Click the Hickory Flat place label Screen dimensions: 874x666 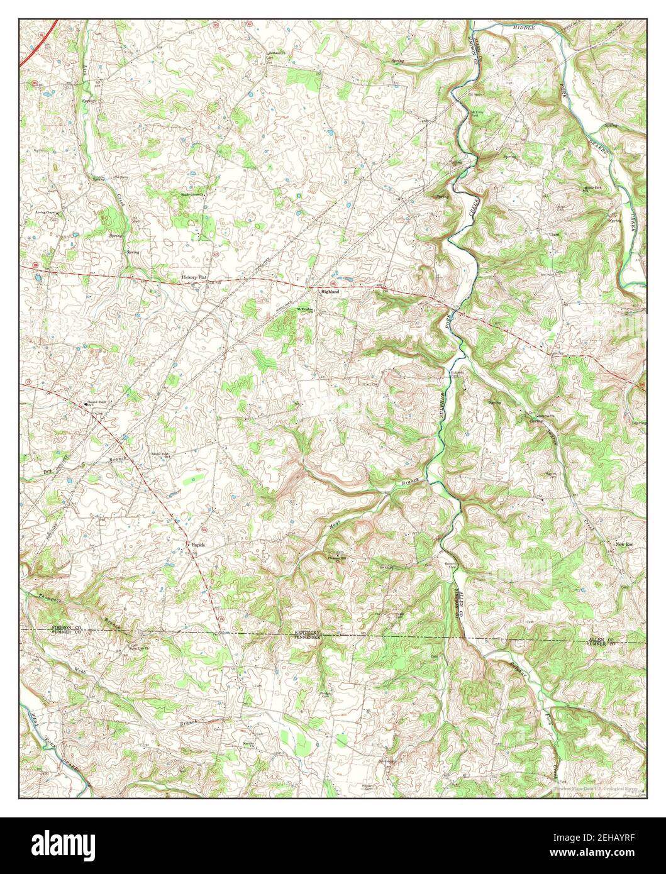[194, 277]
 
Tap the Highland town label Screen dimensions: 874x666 [330, 292]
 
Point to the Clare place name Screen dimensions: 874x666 [554, 234]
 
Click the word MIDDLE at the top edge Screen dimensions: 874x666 [523, 28]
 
